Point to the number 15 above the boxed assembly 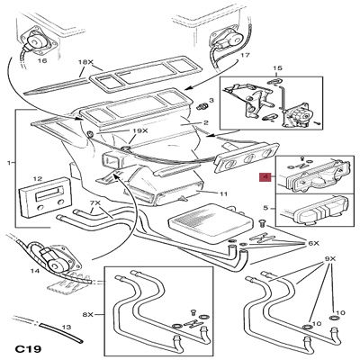278,67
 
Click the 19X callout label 139,131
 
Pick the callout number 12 38,180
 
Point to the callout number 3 211,102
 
